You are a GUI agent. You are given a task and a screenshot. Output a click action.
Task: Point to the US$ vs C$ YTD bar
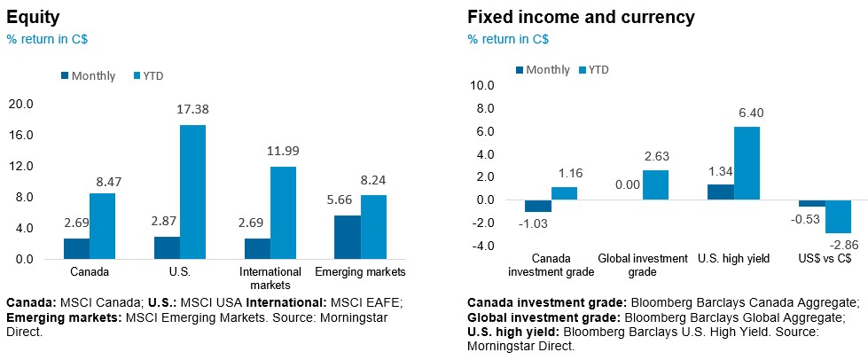click(x=838, y=216)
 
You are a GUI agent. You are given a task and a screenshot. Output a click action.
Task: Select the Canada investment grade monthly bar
click(x=537, y=206)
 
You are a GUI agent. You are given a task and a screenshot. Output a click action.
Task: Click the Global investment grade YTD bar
click(x=656, y=184)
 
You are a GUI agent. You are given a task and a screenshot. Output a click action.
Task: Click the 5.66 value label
click(x=348, y=200)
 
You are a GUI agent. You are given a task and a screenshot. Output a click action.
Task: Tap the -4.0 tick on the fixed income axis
click(x=481, y=246)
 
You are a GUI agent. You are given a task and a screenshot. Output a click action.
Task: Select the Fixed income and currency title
click(x=581, y=18)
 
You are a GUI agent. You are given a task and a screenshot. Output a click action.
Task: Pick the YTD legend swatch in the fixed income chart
click(x=583, y=69)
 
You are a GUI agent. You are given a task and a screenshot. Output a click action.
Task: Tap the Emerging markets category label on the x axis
click(x=361, y=271)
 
